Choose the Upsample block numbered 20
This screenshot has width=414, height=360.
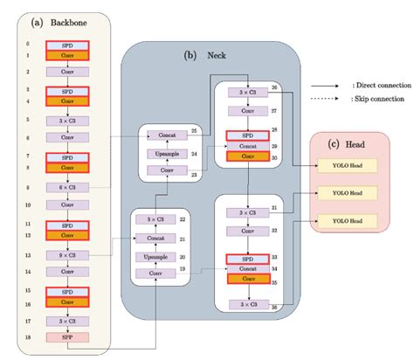coord(155,258)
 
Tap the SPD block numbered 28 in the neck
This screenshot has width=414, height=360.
coord(249,136)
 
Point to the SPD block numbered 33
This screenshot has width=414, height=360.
coord(249,259)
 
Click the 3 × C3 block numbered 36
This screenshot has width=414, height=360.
coord(249,304)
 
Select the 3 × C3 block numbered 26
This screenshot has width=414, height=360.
coord(249,92)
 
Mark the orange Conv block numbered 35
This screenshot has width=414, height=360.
coord(249,283)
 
